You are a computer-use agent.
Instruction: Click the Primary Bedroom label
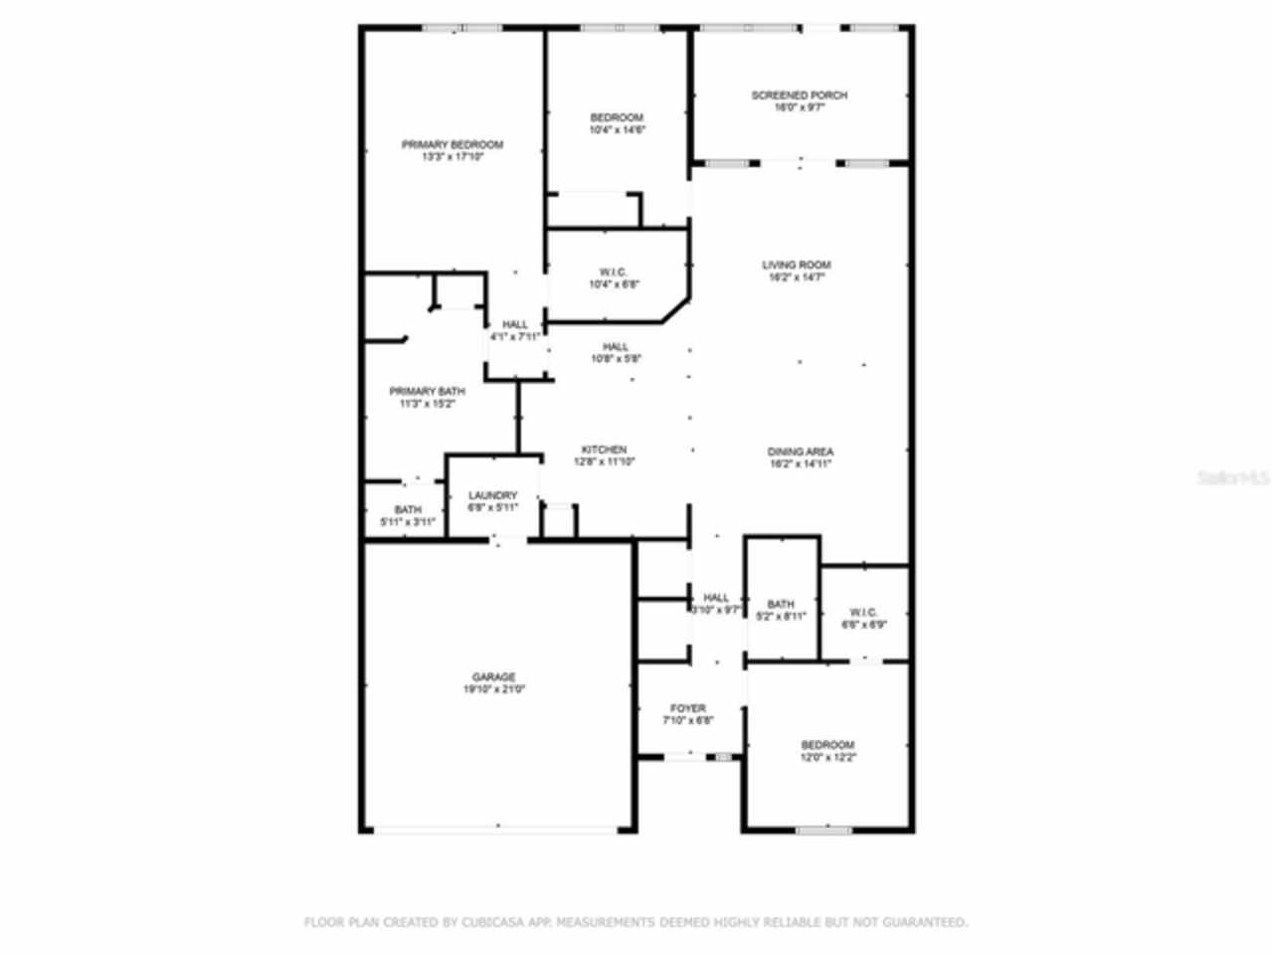tap(452, 144)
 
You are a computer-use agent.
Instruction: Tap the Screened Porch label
tap(799, 95)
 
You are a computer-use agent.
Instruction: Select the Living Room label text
tap(796, 265)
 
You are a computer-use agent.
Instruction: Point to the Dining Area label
tap(800, 452)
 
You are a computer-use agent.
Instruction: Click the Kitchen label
tap(604, 450)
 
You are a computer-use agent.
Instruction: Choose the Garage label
tap(493, 677)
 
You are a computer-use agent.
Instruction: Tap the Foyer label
tap(687, 708)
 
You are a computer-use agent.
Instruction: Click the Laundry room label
tap(492, 495)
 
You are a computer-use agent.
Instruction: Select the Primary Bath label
tap(426, 391)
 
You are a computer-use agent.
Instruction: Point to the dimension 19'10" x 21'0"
tap(493, 689)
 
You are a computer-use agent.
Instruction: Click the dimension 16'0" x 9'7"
tap(799, 107)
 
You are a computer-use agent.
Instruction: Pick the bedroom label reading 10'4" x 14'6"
tap(617, 117)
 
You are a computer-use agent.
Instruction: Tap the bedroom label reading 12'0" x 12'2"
tap(827, 745)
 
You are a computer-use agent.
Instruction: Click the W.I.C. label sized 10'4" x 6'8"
tap(614, 272)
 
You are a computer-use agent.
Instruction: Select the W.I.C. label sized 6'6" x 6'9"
tap(863, 613)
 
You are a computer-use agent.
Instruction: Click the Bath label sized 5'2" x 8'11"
tap(781, 604)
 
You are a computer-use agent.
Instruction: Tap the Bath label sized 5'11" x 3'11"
tap(408, 509)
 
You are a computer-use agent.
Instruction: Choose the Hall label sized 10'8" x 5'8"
tap(615, 347)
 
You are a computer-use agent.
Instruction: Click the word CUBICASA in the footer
tap(492, 922)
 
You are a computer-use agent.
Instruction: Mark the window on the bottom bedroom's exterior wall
tap(823, 830)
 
